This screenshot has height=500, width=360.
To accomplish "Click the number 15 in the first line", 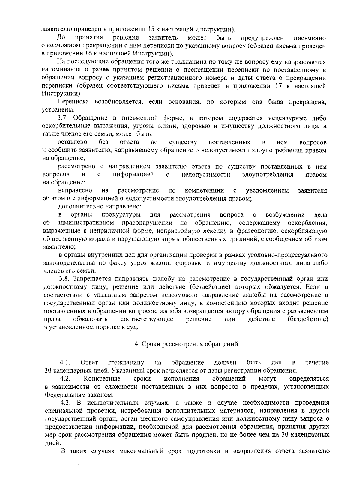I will (x=151, y=29).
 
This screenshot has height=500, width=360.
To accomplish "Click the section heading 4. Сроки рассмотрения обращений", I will (x=186, y=344).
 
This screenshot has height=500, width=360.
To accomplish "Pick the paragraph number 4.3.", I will (x=66, y=402).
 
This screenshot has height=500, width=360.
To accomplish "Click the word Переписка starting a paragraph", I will (x=73, y=102).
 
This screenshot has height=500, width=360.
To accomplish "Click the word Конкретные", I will (x=103, y=379).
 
